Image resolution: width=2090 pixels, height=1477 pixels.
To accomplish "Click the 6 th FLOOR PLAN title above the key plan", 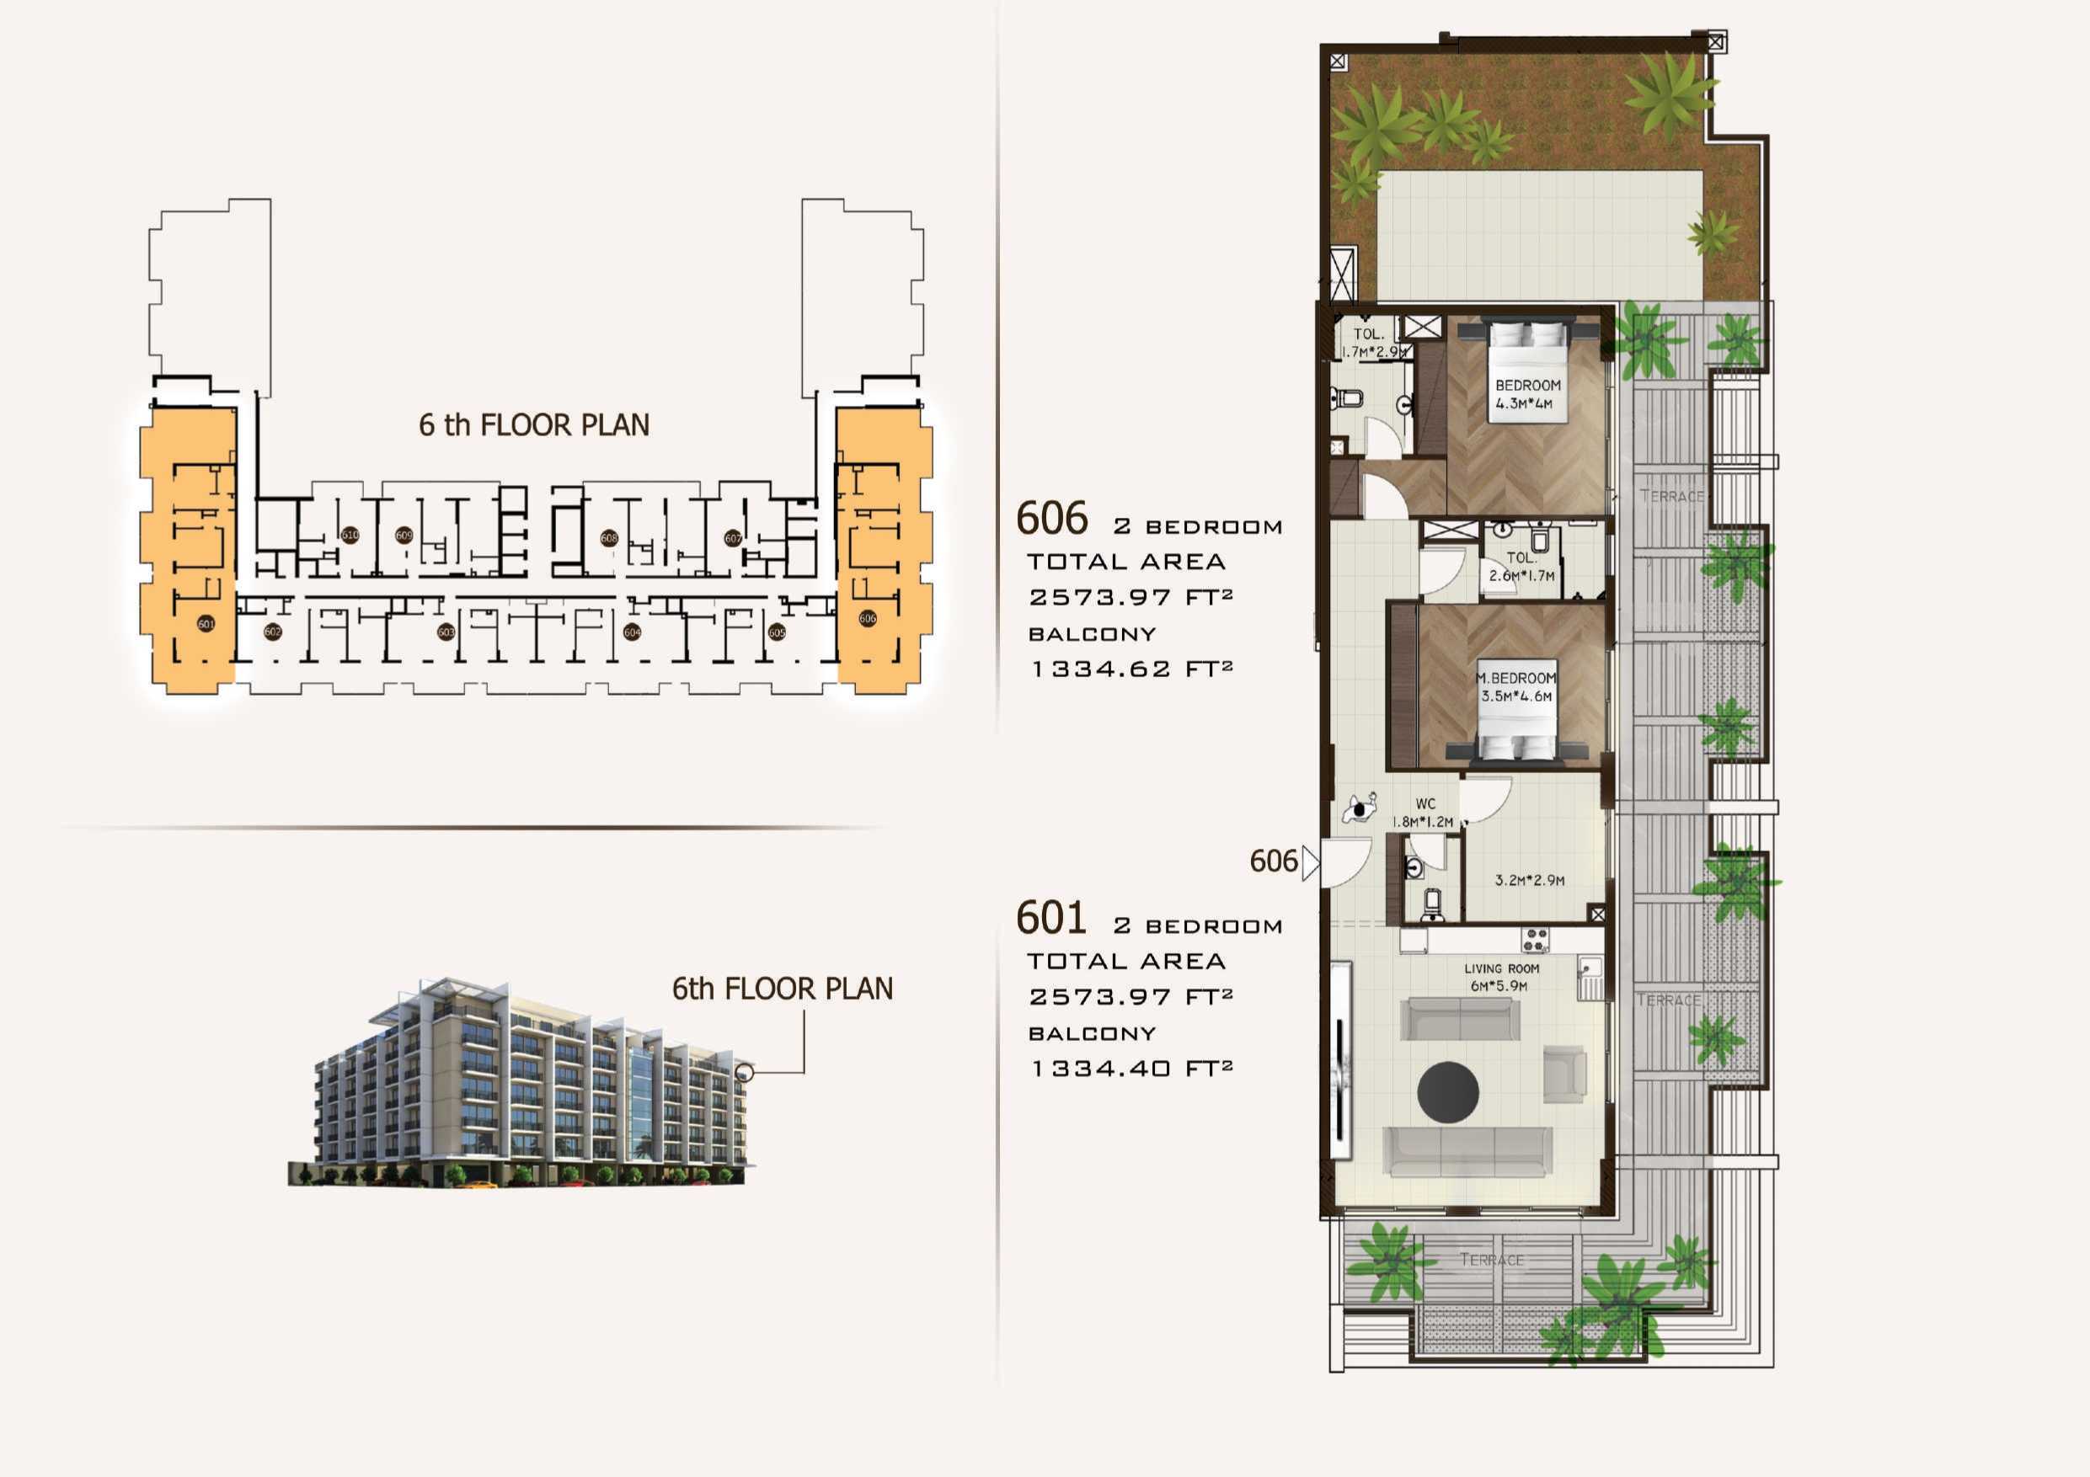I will (x=533, y=425).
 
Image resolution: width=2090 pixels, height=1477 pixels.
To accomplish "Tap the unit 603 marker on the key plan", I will (x=446, y=632).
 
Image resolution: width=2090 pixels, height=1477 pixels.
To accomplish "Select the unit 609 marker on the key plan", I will (x=404, y=535).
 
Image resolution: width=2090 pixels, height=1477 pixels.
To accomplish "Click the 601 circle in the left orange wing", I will (x=206, y=623).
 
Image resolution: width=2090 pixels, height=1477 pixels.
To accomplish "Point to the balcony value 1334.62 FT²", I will (x=1131, y=669).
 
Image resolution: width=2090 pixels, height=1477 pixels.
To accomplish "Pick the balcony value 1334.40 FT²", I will (x=1131, y=1069).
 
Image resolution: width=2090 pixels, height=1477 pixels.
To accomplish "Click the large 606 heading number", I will (x=1051, y=519).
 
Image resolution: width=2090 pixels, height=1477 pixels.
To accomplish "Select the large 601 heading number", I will (x=1051, y=918).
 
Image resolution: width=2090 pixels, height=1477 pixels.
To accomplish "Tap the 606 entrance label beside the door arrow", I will (x=1273, y=861).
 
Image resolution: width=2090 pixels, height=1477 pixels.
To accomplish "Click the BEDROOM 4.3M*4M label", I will (x=1527, y=394).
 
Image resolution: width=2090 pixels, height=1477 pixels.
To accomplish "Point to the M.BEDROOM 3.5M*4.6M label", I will (x=1515, y=687).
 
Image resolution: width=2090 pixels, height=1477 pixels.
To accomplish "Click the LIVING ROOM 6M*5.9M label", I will (x=1502, y=978).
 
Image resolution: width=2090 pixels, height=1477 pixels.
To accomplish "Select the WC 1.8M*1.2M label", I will (x=1425, y=813).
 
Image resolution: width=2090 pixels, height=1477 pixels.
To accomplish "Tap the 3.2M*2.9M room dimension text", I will (x=1529, y=880).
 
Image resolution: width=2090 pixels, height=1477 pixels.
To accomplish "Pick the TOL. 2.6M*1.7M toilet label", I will (x=1521, y=567).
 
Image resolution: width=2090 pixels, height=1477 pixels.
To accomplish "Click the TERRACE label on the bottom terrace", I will (x=1491, y=1260).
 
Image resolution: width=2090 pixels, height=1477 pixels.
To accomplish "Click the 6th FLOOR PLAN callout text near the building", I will (x=782, y=989).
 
